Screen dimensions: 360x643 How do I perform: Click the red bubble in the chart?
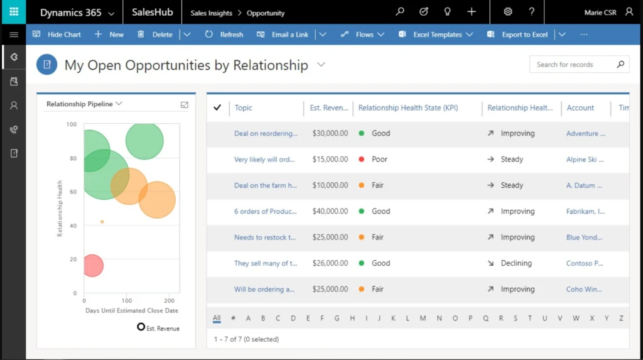pyautogui.click(x=92, y=266)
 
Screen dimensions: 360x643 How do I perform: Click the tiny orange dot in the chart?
pyautogui.click(x=102, y=222)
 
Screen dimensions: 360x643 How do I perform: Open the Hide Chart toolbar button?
pyautogui.click(x=57, y=35)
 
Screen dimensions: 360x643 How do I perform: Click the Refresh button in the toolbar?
pyautogui.click(x=224, y=35)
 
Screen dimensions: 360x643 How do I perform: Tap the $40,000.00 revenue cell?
pyautogui.click(x=330, y=212)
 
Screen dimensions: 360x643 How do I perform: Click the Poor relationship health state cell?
pyautogui.click(x=379, y=160)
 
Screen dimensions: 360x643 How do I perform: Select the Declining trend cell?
pyautogui.click(x=516, y=263)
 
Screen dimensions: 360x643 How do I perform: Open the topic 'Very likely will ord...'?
pyautogui.click(x=264, y=160)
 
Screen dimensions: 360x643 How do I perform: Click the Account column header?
pyautogui.click(x=580, y=108)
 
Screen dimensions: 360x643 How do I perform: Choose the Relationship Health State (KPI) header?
pyautogui.click(x=408, y=108)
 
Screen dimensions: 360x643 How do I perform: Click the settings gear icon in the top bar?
pyautogui.click(x=508, y=12)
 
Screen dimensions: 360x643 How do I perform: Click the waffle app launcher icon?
pyautogui.click(x=13, y=12)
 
